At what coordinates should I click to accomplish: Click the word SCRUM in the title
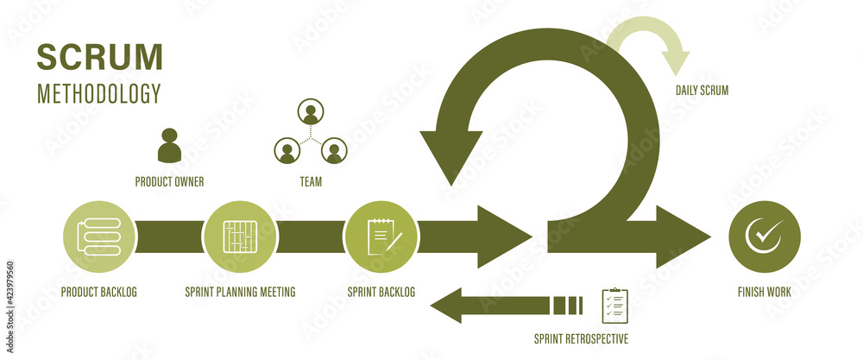pyautogui.click(x=99, y=56)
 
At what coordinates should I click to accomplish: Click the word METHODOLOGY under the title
pyautogui.click(x=98, y=93)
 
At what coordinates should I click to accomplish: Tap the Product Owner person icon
pyautogui.click(x=169, y=146)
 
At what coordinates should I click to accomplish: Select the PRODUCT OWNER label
pyautogui.click(x=169, y=182)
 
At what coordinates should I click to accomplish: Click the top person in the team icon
pyautogui.click(x=310, y=113)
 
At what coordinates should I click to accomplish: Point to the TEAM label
pyautogui.click(x=311, y=182)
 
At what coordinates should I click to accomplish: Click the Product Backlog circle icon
pyautogui.click(x=99, y=237)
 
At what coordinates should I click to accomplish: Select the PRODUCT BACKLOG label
pyautogui.click(x=98, y=293)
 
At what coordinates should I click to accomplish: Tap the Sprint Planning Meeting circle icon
pyautogui.click(x=240, y=237)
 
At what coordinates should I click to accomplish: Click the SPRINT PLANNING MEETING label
pyautogui.click(x=240, y=293)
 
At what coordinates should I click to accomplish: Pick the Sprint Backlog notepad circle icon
pyautogui.click(x=381, y=237)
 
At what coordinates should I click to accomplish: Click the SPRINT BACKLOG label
pyautogui.click(x=381, y=293)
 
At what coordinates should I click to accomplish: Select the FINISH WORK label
pyautogui.click(x=764, y=293)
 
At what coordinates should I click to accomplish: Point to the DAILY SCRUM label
pyautogui.click(x=702, y=90)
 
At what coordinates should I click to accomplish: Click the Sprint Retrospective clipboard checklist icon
pyautogui.click(x=614, y=306)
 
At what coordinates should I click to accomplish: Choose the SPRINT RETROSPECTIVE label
pyautogui.click(x=581, y=338)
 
